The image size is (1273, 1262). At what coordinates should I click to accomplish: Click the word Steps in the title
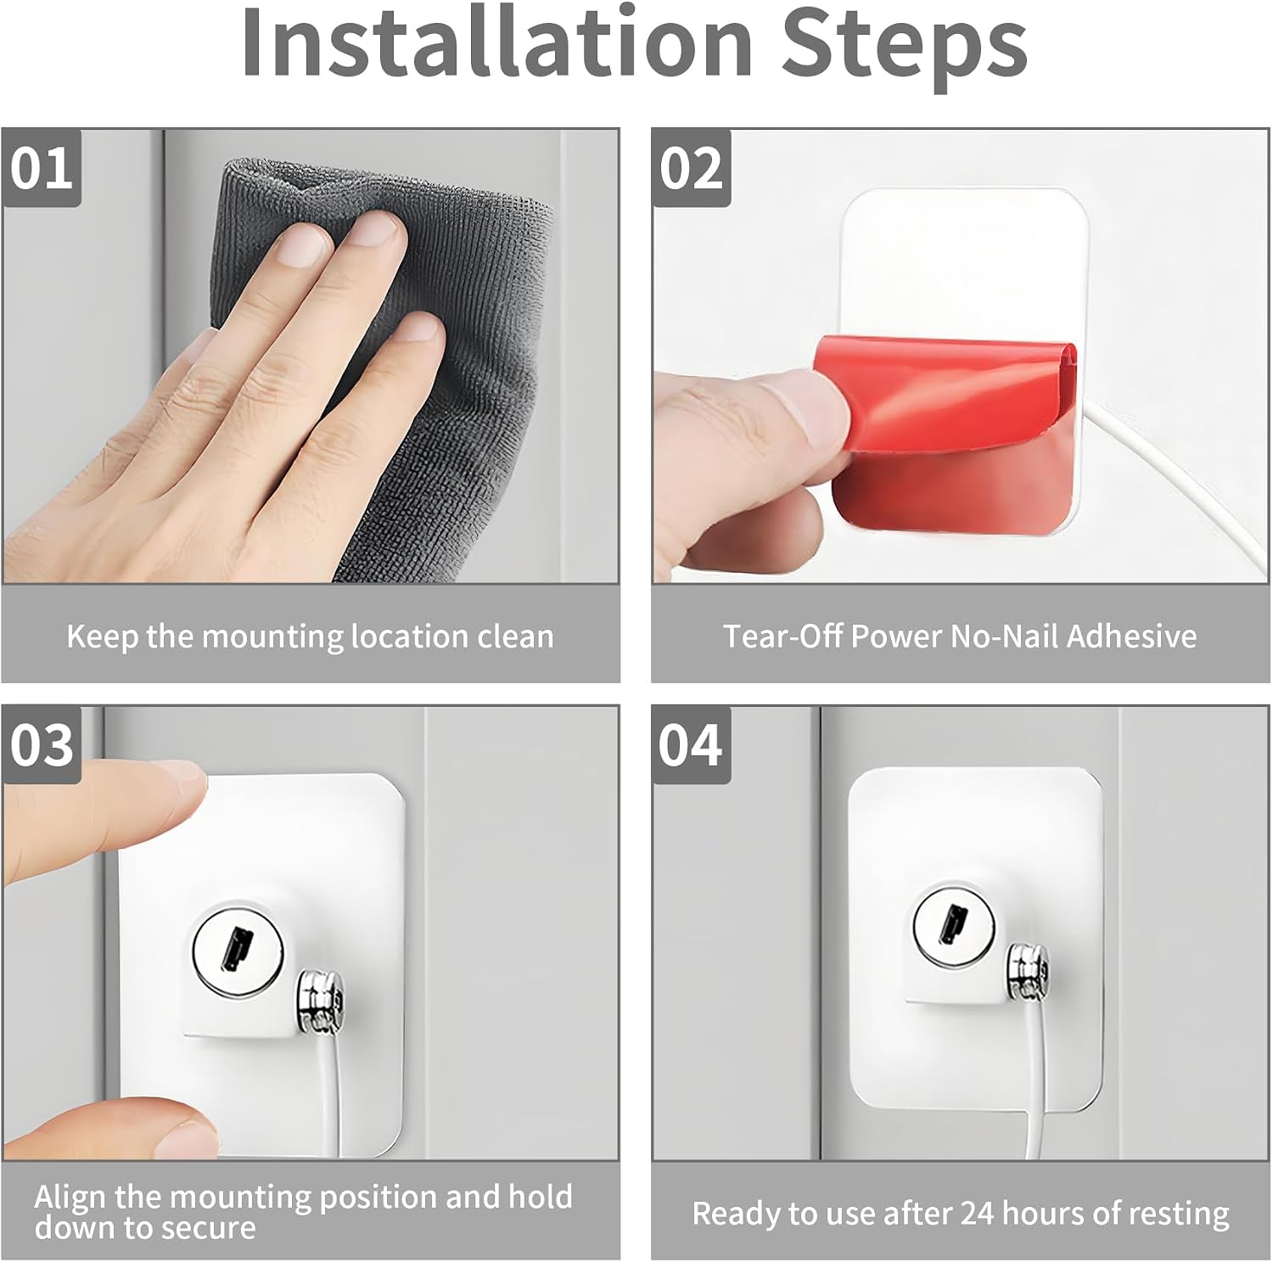904,48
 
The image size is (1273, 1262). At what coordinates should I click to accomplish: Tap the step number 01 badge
42,168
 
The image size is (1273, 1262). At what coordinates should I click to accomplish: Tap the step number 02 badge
692,168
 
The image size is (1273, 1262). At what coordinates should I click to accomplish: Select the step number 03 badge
42,745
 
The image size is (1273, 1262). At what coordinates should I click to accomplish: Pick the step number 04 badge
692,745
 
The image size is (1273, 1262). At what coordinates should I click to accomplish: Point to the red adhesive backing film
951,433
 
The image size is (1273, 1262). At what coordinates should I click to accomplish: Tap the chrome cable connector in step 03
320,1003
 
